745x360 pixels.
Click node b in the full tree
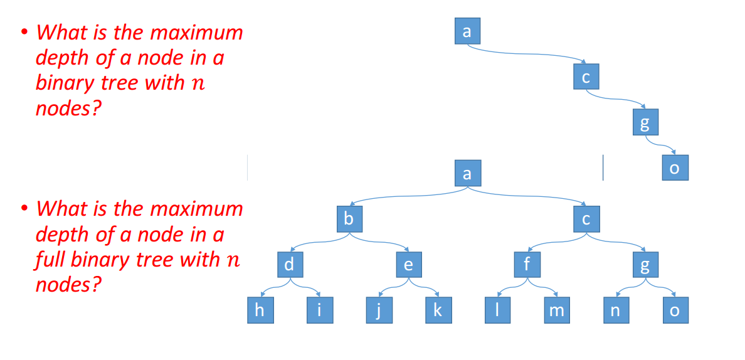[349, 219]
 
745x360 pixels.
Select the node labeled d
[290, 265]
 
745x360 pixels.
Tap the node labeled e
[408, 265]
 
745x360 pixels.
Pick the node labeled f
[527, 265]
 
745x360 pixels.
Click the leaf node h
[260, 310]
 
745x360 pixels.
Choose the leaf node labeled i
[320, 310]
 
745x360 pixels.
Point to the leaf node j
[379, 310]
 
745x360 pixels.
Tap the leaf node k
[438, 310]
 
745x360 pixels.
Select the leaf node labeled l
[497, 310]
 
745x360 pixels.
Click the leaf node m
[557, 310]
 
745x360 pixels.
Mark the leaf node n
[616, 310]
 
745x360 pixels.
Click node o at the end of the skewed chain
[675, 167]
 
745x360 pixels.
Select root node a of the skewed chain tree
[468, 31]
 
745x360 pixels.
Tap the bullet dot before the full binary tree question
[24, 210]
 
